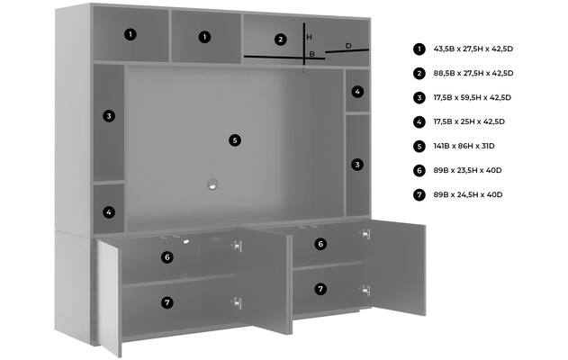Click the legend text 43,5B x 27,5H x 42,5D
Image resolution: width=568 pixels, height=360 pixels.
click(473, 49)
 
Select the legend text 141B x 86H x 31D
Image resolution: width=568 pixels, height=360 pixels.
click(464, 146)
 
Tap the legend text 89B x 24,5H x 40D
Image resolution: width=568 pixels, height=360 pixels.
click(468, 194)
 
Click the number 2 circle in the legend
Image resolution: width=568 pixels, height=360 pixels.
click(419, 73)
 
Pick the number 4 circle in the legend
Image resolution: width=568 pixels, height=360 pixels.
click(419, 121)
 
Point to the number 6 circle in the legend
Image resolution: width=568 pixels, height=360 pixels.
click(419, 170)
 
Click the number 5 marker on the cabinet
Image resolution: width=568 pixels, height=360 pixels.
click(235, 140)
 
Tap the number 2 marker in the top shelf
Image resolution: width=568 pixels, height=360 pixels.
click(280, 40)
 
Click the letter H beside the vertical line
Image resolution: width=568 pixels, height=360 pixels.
click(309, 37)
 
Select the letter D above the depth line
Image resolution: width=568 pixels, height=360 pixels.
click(348, 46)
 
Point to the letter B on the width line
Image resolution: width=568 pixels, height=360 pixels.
click(311, 54)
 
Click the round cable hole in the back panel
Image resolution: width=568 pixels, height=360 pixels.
click(212, 184)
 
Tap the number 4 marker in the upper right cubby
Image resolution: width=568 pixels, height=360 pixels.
click(357, 92)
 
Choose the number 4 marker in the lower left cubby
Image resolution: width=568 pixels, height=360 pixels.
click(109, 212)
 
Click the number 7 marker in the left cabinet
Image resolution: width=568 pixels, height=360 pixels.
click(167, 302)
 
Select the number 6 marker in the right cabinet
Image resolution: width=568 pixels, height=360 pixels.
click(320, 244)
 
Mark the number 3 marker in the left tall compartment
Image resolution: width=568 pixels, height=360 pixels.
click(109, 116)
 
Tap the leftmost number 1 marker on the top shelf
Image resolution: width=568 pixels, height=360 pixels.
click(130, 34)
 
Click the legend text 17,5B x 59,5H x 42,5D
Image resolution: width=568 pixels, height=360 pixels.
click(472, 97)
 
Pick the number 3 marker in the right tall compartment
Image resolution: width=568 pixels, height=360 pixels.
click(357, 165)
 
